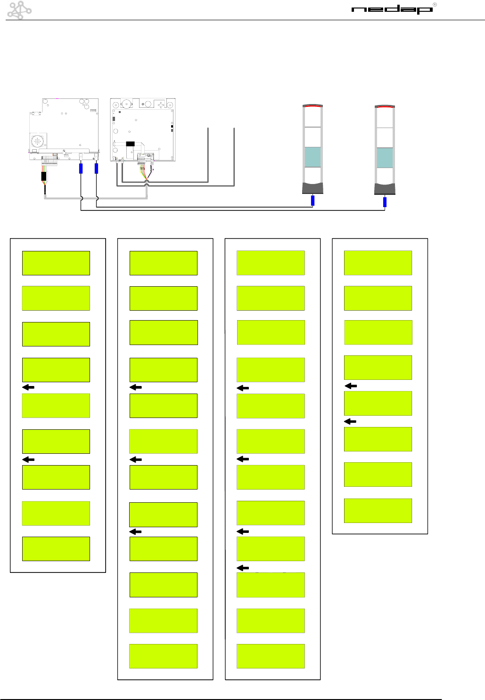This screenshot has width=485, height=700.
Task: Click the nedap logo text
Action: pyautogui.click(x=392, y=10)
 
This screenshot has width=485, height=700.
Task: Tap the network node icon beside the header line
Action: pyautogui.click(x=19, y=10)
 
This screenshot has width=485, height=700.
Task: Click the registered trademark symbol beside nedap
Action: pyautogui.click(x=435, y=5)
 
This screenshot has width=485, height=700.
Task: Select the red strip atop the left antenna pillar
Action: pyautogui.click(x=312, y=106)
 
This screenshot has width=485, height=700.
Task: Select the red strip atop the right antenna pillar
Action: pyautogui.click(x=385, y=107)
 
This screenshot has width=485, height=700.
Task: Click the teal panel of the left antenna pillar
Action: pyautogui.click(x=312, y=157)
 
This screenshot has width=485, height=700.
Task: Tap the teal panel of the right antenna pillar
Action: pyautogui.click(x=385, y=158)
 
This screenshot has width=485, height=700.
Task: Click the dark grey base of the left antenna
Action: pyautogui.click(x=312, y=188)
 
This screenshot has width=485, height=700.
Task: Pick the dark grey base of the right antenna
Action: pyautogui.click(x=385, y=189)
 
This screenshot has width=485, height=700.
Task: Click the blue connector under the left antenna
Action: pyautogui.click(x=312, y=201)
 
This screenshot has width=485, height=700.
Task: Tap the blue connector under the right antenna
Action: pyautogui.click(x=385, y=202)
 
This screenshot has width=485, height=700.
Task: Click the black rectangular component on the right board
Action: pyautogui.click(x=131, y=144)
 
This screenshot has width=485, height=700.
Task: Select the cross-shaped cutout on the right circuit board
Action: pyautogui.click(x=162, y=105)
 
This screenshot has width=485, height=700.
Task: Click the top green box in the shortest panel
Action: pyautogui.click(x=378, y=263)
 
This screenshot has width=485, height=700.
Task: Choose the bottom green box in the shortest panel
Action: pyautogui.click(x=378, y=510)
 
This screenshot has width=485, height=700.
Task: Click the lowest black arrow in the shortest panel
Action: pyautogui.click(x=351, y=421)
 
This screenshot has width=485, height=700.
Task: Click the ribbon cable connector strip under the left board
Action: pyautogui.click(x=49, y=160)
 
